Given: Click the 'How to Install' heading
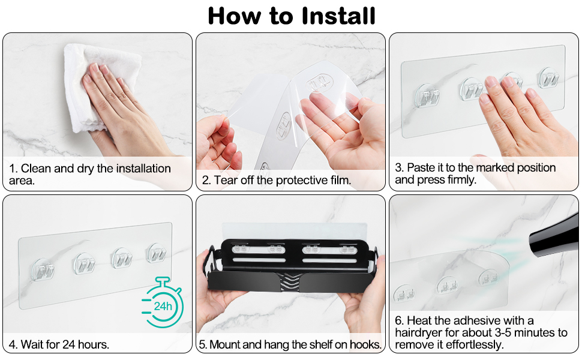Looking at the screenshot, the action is (x=292, y=16).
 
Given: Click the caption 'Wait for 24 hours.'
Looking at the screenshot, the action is (x=65, y=345).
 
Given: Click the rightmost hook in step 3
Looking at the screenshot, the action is (x=549, y=77).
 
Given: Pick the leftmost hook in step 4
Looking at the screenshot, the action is (x=43, y=269).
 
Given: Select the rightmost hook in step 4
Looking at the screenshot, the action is (x=156, y=253).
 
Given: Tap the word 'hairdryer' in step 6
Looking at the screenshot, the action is (x=419, y=332).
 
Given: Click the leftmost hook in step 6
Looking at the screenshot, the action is (x=404, y=293).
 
